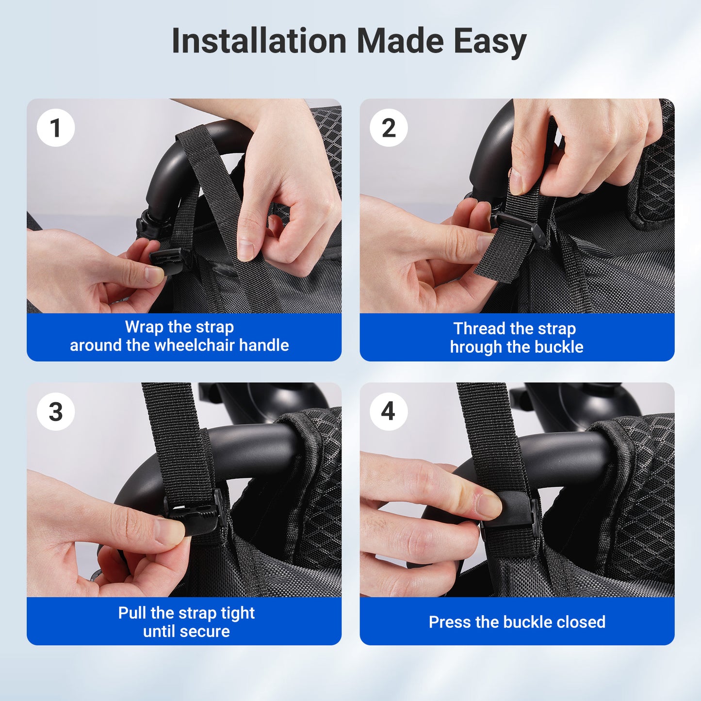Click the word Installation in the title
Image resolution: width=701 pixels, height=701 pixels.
259,41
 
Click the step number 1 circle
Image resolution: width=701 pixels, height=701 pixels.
56,128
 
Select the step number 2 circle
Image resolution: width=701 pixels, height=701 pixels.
389,128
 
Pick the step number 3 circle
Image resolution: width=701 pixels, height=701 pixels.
56,412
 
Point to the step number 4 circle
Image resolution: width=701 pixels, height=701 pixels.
389,412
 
